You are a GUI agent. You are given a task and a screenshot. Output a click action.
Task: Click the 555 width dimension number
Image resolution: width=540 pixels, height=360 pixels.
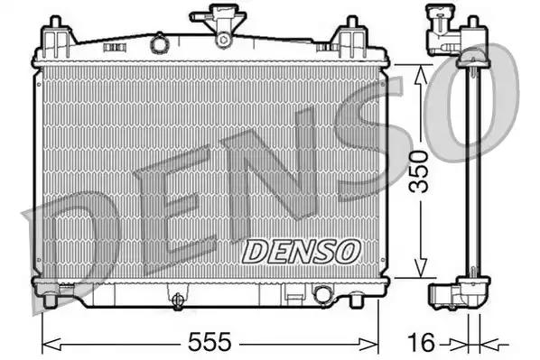click(209, 342)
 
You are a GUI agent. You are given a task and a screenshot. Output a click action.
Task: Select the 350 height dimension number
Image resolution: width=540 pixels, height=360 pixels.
click(418, 171)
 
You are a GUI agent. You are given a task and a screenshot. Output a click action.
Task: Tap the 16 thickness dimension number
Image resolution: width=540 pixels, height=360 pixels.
click(421, 344)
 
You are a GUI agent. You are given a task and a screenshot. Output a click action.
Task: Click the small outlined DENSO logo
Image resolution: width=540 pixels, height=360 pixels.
click(302, 251)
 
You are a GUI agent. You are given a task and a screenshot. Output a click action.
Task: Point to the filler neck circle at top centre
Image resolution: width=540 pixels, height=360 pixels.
click(223, 40)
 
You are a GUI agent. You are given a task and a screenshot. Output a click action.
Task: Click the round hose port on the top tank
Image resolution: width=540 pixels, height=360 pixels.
click(159, 43)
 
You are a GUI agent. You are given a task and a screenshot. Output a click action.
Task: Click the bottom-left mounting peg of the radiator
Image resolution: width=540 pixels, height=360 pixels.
click(50, 300)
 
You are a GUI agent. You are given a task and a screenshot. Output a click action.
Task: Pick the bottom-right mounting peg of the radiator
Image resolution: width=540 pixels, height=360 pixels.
click(357, 300)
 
